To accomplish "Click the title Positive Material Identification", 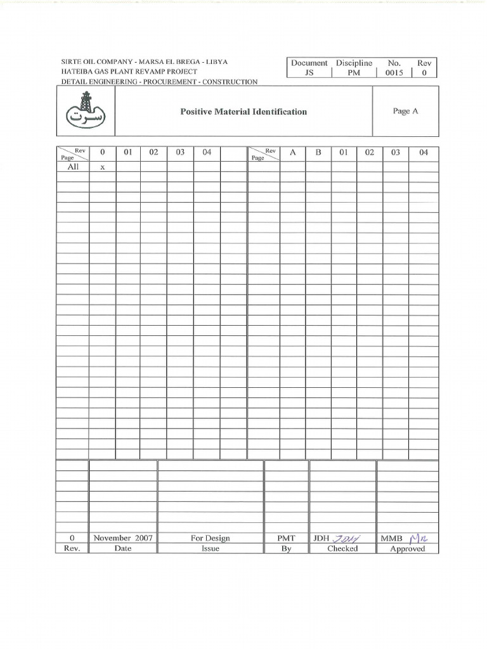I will (x=243, y=112).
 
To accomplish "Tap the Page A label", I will (x=405, y=111).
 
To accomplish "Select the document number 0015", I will (x=394, y=73).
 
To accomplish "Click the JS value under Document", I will (x=309, y=73).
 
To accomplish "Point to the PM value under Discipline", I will (x=354, y=73).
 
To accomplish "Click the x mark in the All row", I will (x=102, y=167).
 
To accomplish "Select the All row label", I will (x=72, y=167).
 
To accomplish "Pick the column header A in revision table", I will (x=292, y=153).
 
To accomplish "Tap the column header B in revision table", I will (x=318, y=153).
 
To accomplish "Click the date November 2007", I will (x=123, y=538).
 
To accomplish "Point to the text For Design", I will (x=210, y=538).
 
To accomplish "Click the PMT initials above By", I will (x=286, y=538).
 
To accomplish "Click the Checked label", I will (x=342, y=549).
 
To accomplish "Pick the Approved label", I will (x=407, y=549).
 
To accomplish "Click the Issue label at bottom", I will (x=210, y=549).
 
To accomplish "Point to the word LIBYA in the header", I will (x=218, y=62).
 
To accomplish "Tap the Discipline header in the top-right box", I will (x=354, y=63).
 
